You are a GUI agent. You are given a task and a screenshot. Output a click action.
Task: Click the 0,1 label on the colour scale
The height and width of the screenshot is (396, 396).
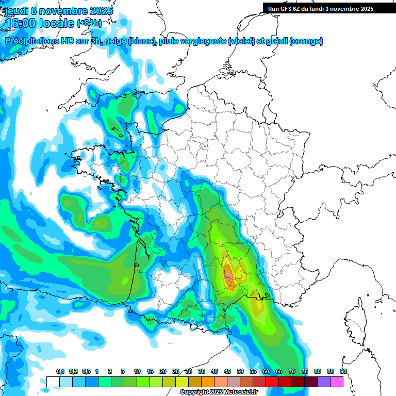(60, 371)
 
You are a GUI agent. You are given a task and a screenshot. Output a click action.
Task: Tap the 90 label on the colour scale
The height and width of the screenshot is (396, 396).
(343, 371)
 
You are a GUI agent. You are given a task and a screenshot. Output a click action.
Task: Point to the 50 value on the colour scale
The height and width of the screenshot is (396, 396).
(240, 371)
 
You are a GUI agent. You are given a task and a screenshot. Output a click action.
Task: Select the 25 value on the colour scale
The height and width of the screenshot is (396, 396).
(176, 371)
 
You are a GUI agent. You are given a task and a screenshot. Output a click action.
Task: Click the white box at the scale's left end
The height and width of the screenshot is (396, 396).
(53, 382)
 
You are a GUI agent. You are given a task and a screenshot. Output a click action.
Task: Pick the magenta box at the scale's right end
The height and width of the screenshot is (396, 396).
(337, 382)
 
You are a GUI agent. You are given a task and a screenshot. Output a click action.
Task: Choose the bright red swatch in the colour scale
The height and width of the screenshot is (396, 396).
(272, 382)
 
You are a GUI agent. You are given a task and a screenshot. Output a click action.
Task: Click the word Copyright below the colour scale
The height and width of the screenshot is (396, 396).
(194, 392)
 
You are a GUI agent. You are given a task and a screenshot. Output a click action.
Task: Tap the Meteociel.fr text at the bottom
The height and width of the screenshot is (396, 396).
(241, 392)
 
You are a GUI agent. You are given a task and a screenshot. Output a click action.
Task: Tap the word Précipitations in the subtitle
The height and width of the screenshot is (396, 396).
(33, 41)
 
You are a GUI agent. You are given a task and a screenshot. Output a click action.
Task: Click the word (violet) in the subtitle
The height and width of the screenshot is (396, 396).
(241, 41)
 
